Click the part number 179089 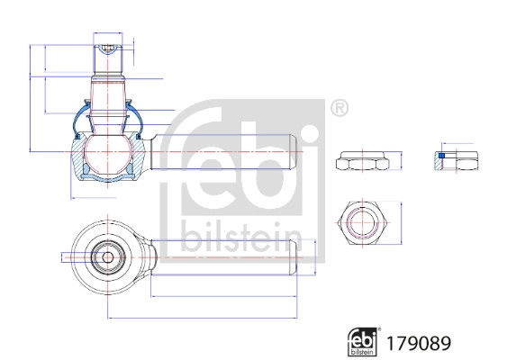click(417, 343)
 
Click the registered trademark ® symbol click(339, 109)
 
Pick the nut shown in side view click(364, 162)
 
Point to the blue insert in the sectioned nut click(440, 157)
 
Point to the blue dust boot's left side click(77, 120)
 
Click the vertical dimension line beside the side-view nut click(401, 162)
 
